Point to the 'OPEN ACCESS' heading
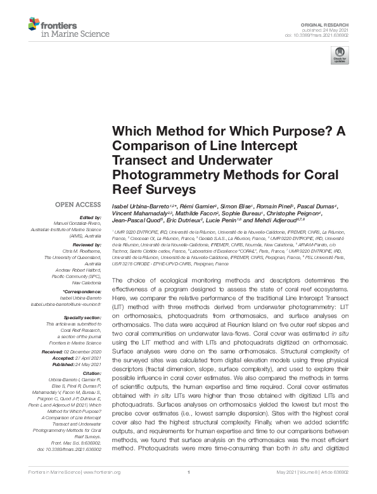(x=79, y=205)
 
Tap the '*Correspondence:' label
(x=83, y=292)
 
